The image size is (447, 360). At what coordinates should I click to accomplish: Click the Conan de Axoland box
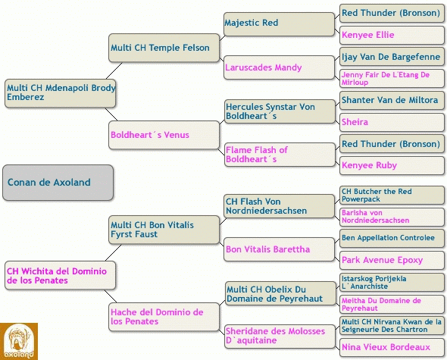click(58, 183)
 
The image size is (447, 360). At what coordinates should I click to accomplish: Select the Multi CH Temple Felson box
click(164, 48)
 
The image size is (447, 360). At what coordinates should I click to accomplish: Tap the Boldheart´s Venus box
click(164, 135)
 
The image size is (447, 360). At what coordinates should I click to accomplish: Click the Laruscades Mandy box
click(279, 67)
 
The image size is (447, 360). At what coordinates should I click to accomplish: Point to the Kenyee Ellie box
click(392, 35)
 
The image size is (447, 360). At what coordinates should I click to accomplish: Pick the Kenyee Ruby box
click(392, 165)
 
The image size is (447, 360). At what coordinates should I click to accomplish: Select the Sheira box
click(392, 122)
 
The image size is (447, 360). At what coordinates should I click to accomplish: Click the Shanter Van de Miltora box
click(392, 100)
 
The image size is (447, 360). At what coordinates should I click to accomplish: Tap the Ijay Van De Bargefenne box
click(392, 57)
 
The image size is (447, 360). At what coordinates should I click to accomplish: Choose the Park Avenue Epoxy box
click(392, 260)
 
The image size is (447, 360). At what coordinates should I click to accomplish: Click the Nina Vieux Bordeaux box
click(392, 347)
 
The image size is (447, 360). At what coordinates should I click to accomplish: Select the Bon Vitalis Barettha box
click(279, 249)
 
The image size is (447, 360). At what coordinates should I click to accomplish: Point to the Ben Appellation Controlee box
click(392, 238)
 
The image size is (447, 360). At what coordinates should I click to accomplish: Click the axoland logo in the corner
click(19, 342)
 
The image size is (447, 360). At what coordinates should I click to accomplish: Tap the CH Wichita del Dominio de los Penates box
click(60, 276)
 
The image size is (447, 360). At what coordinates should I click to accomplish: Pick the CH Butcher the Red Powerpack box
click(392, 195)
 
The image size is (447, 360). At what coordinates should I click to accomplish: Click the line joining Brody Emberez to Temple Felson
click(114, 70)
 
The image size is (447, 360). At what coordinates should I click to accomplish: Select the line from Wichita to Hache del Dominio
click(111, 296)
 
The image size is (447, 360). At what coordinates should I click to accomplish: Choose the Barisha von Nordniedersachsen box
click(392, 217)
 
